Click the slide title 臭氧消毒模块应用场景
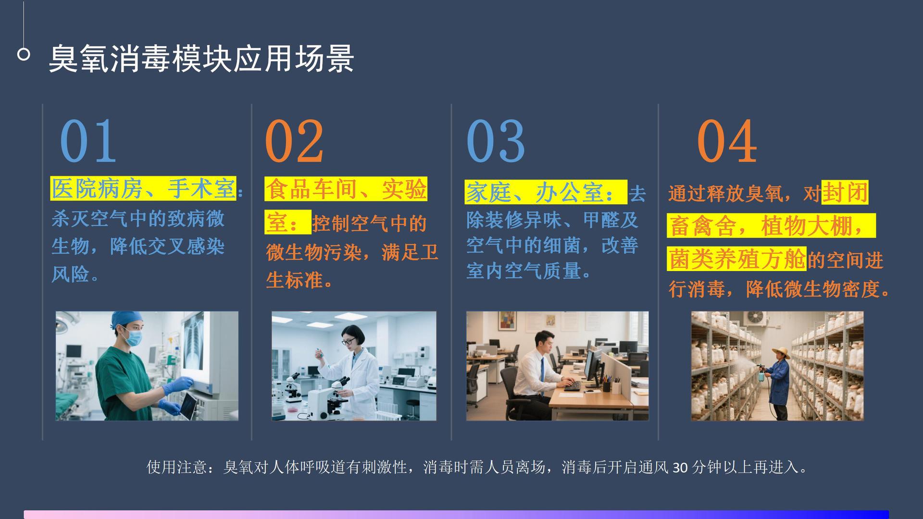201,59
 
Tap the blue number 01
88,141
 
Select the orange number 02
294,141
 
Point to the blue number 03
495,141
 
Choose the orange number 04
727,141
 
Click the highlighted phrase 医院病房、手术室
143,188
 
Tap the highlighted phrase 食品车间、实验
346,189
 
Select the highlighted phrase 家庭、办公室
546,192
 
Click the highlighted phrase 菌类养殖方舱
737,259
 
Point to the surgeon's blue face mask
134,338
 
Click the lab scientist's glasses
349,342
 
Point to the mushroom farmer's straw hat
781,352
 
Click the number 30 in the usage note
680,467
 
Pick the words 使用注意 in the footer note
177,467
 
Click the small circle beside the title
24,54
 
